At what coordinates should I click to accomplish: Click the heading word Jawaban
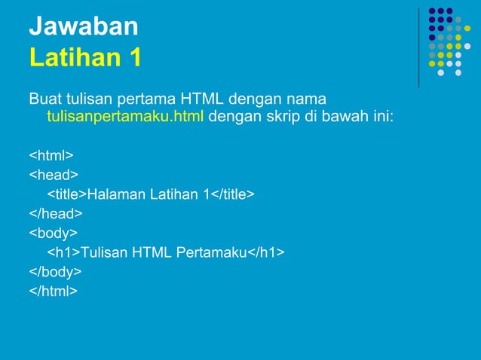click(84, 26)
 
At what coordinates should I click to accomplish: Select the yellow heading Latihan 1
click(84, 57)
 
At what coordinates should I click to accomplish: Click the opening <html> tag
click(51, 156)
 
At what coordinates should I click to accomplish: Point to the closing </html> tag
click(53, 290)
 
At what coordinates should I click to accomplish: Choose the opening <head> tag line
click(54, 175)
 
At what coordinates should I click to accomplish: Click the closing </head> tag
click(55, 213)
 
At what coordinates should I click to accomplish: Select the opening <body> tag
click(54, 233)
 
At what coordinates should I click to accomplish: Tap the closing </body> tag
click(55, 270)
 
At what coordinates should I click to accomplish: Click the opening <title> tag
click(67, 194)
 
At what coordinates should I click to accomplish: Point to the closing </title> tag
click(232, 194)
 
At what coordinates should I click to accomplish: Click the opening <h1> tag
click(64, 252)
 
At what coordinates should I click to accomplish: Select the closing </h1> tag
click(266, 252)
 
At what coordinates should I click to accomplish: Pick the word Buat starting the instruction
click(43, 99)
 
